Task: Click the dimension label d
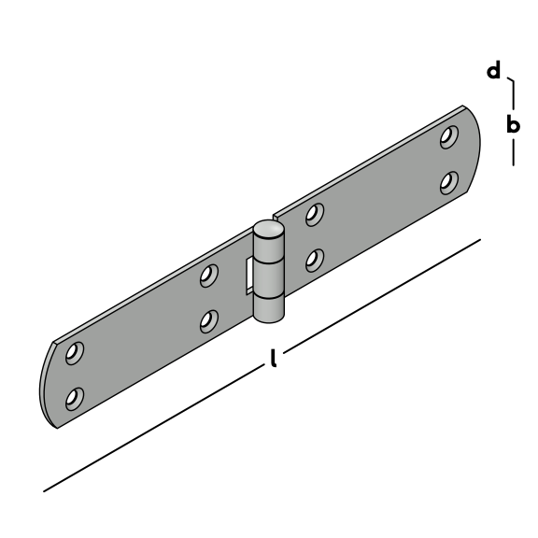pos(494,70)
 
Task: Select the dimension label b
pos(513,124)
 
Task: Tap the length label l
pos(273,359)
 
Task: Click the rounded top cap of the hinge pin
pos(269,230)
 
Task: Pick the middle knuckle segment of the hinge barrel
pos(269,278)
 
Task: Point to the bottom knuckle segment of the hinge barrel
pos(269,309)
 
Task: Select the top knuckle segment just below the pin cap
pos(269,248)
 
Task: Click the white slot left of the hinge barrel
pos(249,276)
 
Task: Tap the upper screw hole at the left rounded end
pos(75,353)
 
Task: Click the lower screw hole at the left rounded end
pos(75,399)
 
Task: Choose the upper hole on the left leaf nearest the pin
pos(209,276)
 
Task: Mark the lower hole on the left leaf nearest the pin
pos(209,321)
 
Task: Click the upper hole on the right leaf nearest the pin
pos(315,215)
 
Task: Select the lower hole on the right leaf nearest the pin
pos(315,261)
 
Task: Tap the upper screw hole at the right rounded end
pos(449,137)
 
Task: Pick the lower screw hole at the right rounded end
pos(449,183)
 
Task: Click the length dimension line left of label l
pos(153,429)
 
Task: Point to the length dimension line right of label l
pos(382,296)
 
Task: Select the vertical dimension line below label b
pos(514,152)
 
